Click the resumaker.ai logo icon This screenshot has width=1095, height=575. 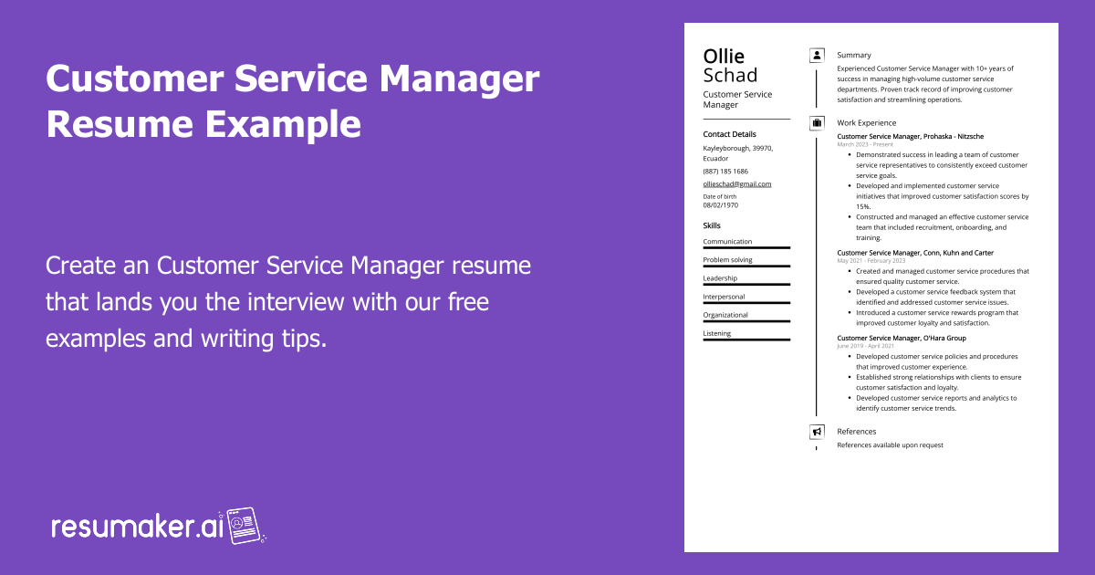tap(245, 526)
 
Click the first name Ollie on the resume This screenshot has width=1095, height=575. tap(724, 57)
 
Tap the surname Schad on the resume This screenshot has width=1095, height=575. tap(730, 76)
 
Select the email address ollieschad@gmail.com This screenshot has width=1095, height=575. tap(736, 183)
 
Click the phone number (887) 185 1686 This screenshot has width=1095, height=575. tap(725, 171)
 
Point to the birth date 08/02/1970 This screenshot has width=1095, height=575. tap(721, 205)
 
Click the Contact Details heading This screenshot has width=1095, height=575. tap(729, 134)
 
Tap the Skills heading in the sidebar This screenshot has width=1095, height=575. tap(712, 225)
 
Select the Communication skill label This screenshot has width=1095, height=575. tap(727, 242)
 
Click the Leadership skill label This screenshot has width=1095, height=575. tap(720, 278)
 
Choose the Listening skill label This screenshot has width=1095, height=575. tap(716, 333)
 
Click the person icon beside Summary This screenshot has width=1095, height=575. tap(817, 56)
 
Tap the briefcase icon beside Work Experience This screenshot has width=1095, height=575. tap(817, 122)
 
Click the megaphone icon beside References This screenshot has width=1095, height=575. tap(817, 432)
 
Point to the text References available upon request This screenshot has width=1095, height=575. tap(890, 445)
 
